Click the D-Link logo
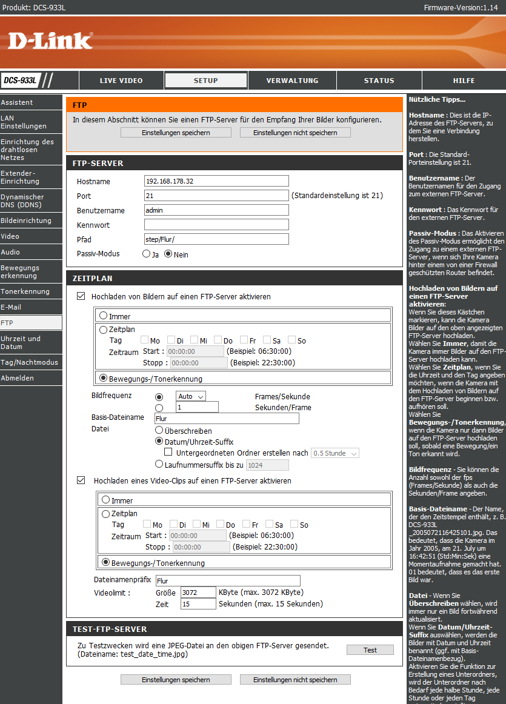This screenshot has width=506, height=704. coord(50,41)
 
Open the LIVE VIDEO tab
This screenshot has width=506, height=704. coord(121,81)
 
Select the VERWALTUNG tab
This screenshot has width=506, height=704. coord(292,81)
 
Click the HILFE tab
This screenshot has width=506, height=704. coord(464,81)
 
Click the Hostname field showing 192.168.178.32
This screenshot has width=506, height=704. coord(216,181)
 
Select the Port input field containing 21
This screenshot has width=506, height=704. coord(216,195)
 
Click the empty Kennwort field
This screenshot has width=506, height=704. coord(216,225)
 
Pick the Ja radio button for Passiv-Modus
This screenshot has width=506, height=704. coord(146,254)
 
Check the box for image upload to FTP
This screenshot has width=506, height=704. coord(81,297)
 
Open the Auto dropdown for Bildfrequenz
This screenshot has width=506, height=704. coord(191,396)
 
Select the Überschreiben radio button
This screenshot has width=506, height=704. coord(159,431)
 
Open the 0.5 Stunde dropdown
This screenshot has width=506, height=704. coord(335,453)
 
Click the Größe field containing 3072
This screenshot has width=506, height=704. coord(198,592)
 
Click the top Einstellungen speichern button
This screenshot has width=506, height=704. coord(176,132)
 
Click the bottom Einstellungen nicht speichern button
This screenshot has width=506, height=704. coord(295,680)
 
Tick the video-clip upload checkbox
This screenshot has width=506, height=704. coord(81,480)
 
